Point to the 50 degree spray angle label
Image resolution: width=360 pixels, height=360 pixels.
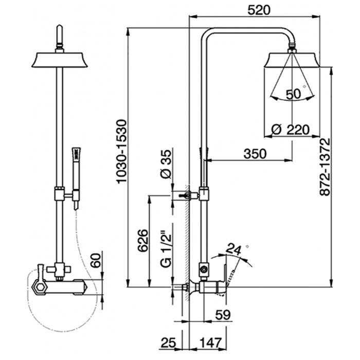coord(294,94)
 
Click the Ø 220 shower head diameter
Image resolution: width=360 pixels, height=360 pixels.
coord(290,130)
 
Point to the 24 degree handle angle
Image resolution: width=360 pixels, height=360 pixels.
coord(235,249)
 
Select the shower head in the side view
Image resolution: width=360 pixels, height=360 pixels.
coord(292,60)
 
